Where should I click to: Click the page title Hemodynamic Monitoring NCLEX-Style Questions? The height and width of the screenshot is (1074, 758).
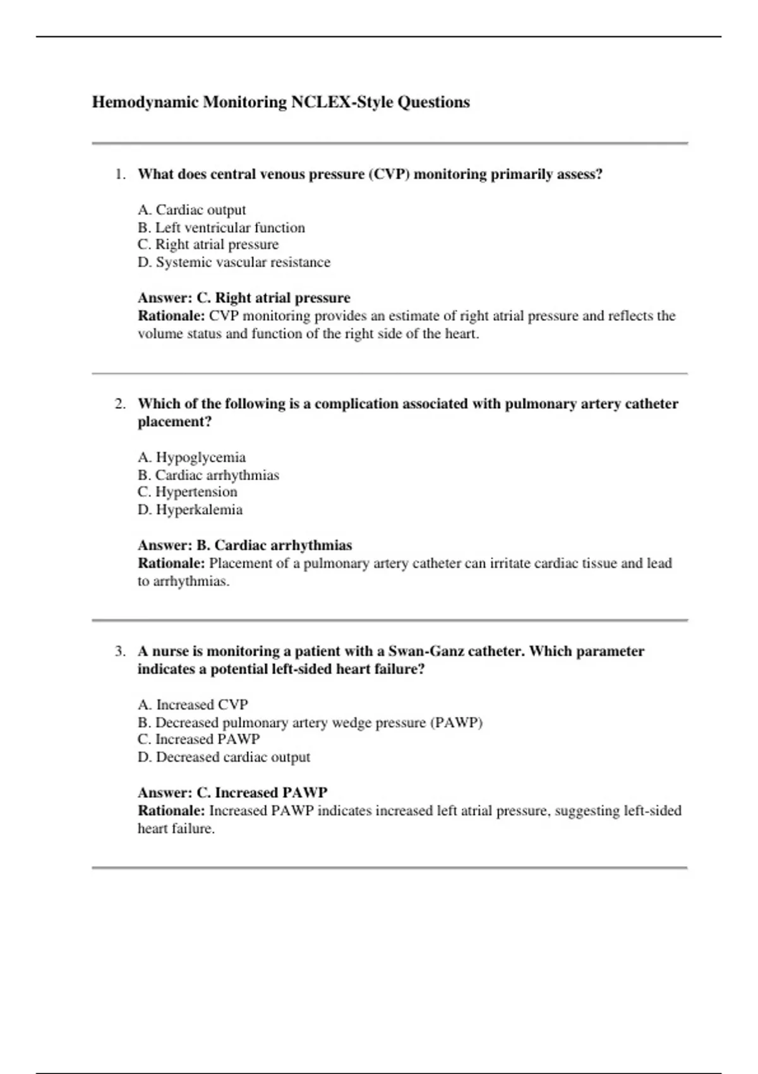[x=280, y=102]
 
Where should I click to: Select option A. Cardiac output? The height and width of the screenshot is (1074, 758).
[x=191, y=210]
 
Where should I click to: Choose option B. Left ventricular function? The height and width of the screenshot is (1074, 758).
[x=221, y=227]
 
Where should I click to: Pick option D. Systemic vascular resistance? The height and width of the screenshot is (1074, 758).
[x=234, y=262]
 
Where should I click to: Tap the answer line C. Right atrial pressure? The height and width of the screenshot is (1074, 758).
[x=244, y=298]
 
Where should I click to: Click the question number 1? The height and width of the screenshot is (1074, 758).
[x=120, y=174]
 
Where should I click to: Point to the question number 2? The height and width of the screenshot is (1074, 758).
[x=120, y=404]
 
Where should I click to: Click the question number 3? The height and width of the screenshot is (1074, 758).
[x=120, y=651]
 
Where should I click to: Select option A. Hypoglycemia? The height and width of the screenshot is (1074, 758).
[x=191, y=457]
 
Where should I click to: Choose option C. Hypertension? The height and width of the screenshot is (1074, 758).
[x=187, y=492]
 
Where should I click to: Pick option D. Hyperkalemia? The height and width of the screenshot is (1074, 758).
[x=189, y=510]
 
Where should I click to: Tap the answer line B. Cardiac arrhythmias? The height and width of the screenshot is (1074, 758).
[x=244, y=545]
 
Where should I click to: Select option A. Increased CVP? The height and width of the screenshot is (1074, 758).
[x=193, y=704]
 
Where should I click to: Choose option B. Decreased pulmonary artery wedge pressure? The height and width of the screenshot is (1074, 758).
[x=310, y=722]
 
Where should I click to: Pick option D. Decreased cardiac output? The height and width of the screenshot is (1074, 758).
[x=224, y=757]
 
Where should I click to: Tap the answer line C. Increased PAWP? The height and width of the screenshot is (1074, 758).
[x=232, y=792]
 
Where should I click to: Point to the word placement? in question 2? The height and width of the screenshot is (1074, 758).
[x=174, y=421]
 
